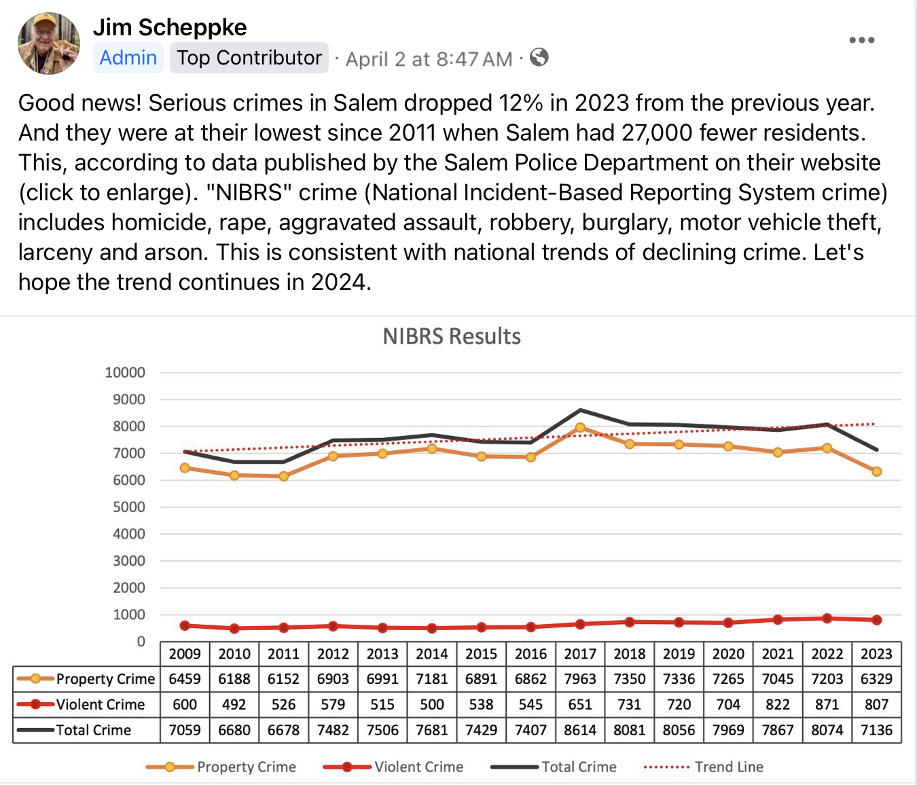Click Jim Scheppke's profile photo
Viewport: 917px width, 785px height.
(49, 43)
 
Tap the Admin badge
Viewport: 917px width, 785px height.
(128, 58)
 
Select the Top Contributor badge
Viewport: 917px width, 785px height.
(249, 58)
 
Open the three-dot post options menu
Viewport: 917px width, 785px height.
(861, 40)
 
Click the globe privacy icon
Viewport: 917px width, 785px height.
(539, 58)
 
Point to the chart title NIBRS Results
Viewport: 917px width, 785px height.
(452, 336)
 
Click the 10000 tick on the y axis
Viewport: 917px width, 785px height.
(125, 372)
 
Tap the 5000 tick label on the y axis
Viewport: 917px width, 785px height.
(128, 507)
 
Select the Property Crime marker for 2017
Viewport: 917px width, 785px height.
(580, 428)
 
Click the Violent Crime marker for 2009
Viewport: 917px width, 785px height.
(185, 625)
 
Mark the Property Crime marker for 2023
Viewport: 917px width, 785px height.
(876, 471)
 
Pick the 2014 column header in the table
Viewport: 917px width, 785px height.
(432, 654)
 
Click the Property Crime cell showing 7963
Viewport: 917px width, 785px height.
(580, 679)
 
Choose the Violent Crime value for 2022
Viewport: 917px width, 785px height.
(827, 705)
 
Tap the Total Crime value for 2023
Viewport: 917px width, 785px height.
(876, 730)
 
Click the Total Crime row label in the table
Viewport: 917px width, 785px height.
(94, 730)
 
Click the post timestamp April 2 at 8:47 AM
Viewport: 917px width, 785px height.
(429, 59)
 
